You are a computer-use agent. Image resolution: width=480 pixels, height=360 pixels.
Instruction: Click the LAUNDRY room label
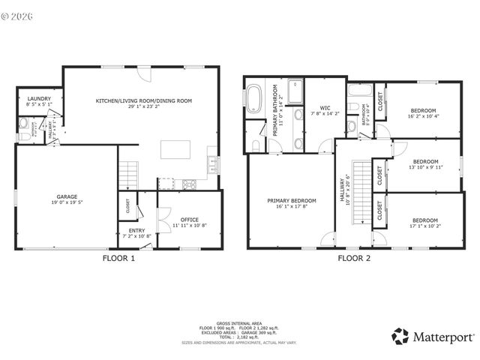(x=38, y=99)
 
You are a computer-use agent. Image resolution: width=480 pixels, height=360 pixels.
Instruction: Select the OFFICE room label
(x=189, y=220)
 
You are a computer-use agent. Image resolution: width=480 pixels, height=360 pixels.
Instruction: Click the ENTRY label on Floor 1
(x=136, y=231)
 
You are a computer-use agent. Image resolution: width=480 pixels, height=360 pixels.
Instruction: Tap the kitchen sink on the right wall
(x=214, y=162)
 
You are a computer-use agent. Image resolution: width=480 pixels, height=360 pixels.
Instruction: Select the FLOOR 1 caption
(x=118, y=259)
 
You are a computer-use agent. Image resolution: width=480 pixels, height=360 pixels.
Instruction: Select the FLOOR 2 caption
(x=353, y=259)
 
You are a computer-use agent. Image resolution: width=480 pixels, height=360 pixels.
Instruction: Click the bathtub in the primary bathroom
(x=253, y=100)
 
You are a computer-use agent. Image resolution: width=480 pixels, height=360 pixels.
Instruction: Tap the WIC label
(x=325, y=107)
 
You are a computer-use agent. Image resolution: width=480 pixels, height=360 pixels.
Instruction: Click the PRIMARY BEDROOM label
(x=292, y=200)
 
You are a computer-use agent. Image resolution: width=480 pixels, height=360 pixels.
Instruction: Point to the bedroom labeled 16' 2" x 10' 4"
(x=422, y=112)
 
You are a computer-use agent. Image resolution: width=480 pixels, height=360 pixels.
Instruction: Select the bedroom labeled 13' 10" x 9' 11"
(x=425, y=162)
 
